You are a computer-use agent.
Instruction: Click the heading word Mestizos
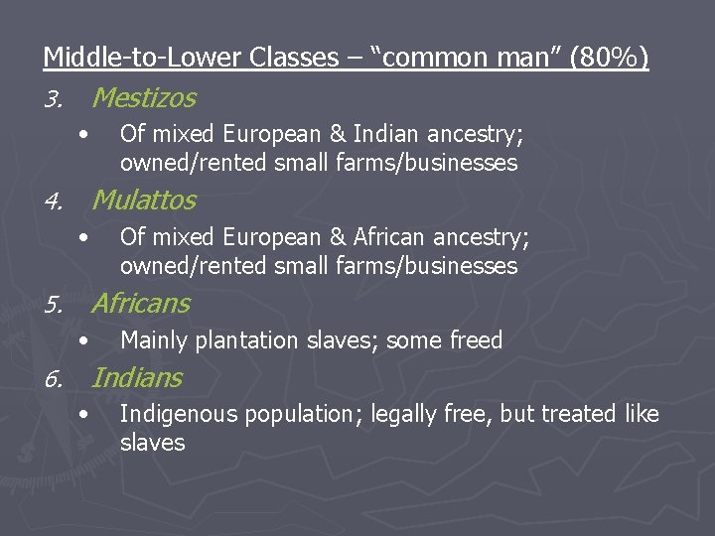(144, 98)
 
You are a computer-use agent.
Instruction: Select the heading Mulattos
(144, 201)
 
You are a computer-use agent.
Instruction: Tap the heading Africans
(141, 303)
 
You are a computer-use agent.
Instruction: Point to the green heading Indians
(137, 378)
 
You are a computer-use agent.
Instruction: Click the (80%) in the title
(610, 59)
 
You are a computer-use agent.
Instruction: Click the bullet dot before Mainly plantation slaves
(87, 340)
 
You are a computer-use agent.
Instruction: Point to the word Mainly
(153, 340)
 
